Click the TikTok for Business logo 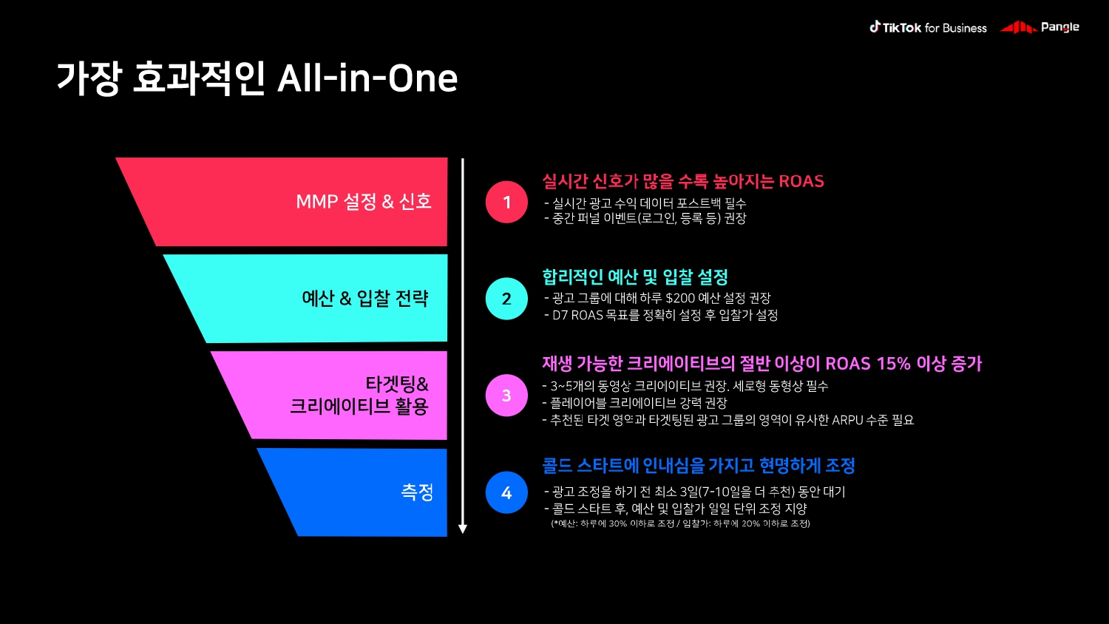pos(928,27)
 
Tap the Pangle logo pos(1040,27)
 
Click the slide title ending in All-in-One pos(257,78)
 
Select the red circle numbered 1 pos(506,202)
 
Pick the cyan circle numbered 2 pos(506,299)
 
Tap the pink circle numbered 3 pos(506,396)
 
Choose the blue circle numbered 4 pos(506,492)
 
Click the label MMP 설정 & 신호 pos(364,202)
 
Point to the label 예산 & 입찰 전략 pos(365,299)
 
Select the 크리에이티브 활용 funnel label pos(359,406)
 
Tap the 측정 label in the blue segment pos(417,492)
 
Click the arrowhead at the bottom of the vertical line pos(463,529)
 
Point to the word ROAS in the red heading pos(801,181)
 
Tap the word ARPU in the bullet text pos(847,420)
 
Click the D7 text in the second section pos(560,315)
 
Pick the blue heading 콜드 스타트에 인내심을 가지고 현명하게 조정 pos(699,466)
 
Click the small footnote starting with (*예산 pos(680,523)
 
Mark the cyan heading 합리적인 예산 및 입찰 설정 pos(635,277)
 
